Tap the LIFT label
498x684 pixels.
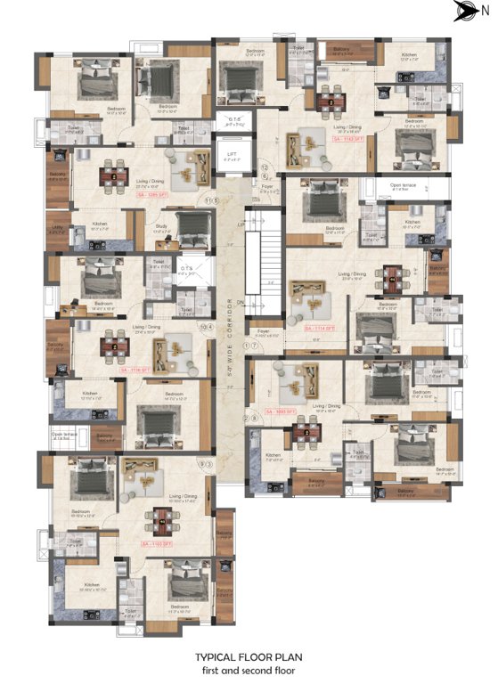pyautogui.click(x=233, y=154)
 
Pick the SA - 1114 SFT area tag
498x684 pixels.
pyautogui.click(x=320, y=329)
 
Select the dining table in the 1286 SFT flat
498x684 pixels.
pyautogui.click(x=113, y=175)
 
